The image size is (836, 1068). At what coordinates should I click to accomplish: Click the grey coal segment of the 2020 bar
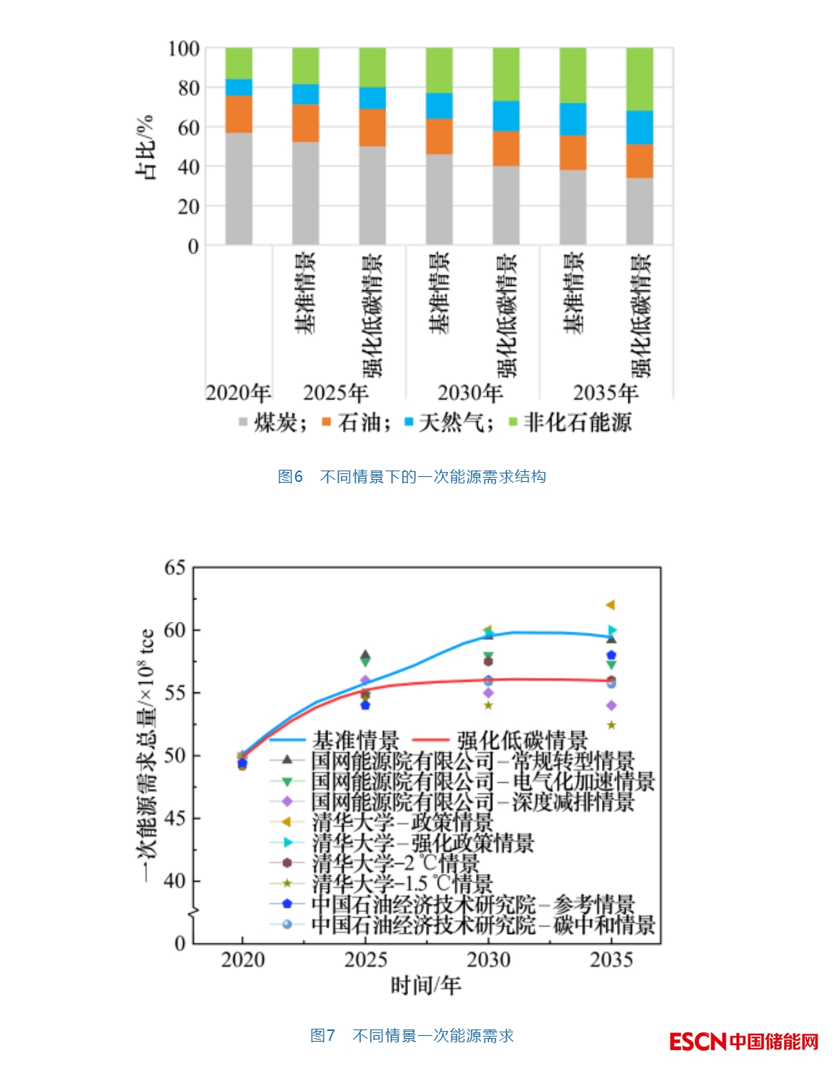coord(238,188)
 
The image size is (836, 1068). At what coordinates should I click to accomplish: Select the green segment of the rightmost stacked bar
coord(639,79)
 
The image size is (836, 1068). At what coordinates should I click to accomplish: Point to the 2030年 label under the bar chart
coord(470,393)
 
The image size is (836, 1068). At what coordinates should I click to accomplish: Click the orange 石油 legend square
coord(326,422)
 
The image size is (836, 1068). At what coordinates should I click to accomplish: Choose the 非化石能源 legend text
coord(578,422)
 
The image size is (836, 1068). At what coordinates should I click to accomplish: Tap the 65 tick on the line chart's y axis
coord(175,568)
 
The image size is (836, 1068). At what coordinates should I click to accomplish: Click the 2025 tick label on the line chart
coord(365,960)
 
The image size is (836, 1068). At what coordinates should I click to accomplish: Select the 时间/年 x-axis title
coord(426,985)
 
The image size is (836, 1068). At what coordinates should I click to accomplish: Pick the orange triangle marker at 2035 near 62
coord(611,605)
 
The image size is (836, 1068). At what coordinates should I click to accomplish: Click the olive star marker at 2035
coord(611,725)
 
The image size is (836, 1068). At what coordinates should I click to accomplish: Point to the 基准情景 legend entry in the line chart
coord(356,740)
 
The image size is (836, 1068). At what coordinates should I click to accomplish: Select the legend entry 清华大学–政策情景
coord(402,822)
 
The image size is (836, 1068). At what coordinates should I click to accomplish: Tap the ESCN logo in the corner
coord(744,1042)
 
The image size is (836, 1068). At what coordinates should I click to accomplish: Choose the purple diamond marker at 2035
coord(611,706)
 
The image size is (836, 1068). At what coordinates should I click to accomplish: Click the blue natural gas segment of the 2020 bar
coord(238,87)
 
